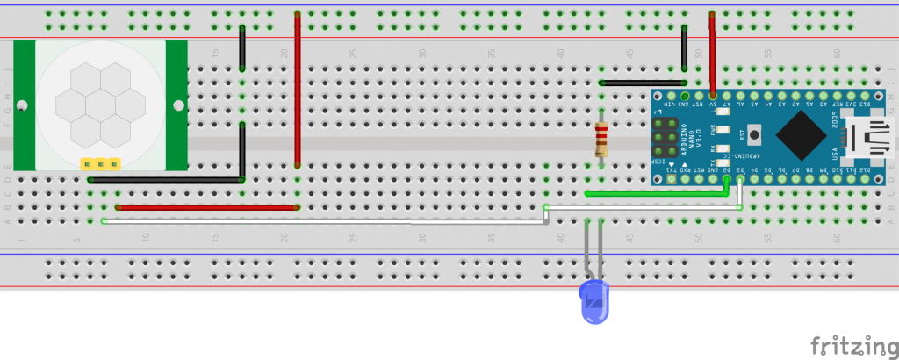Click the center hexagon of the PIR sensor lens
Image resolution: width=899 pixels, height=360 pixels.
point(99,105)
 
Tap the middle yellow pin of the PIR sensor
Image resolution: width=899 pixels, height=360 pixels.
point(99,163)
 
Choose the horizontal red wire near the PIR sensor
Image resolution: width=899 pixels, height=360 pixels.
point(206,208)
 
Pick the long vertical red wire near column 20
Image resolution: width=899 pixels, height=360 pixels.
point(298,92)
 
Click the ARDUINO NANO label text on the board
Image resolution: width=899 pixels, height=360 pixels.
point(694,138)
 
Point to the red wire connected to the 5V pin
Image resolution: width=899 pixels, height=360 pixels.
point(712,53)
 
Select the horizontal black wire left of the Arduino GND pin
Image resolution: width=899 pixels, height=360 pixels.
point(641,83)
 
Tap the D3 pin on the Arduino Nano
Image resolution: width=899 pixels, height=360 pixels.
point(740,181)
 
